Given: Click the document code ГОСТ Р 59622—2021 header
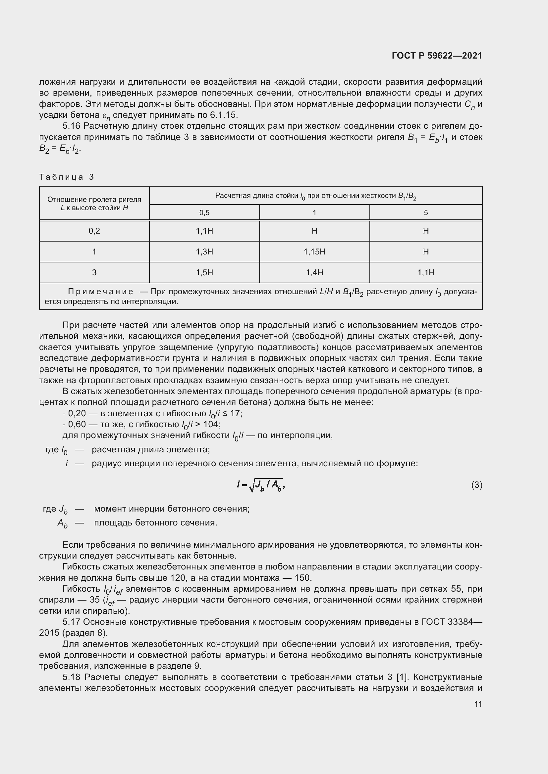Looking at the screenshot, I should (x=437, y=56).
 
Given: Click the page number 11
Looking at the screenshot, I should (x=478, y=704).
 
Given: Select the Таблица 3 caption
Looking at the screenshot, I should (x=67, y=177).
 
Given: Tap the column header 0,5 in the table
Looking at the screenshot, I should (x=204, y=213).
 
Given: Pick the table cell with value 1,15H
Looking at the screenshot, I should (x=314, y=252).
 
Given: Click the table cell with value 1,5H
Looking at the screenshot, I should (x=204, y=272).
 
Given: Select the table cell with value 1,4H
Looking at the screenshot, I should (x=314, y=272).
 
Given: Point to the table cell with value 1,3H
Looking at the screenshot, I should (x=204, y=252).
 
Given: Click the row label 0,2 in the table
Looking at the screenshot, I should (x=94, y=231).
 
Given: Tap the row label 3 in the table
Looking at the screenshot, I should (x=94, y=272).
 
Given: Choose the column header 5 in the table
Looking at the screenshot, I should (x=425, y=213).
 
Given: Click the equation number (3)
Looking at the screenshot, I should (x=476, y=485).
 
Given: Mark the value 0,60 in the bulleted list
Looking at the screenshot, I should (x=77, y=424).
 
